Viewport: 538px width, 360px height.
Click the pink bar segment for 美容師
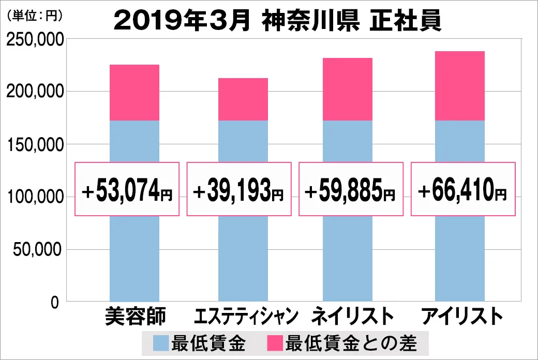[x=134, y=93]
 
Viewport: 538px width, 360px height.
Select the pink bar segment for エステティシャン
[x=243, y=99]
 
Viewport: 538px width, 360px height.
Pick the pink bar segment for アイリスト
[x=460, y=86]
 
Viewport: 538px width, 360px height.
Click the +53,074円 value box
[x=127, y=189]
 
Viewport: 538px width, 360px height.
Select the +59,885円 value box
[x=350, y=189]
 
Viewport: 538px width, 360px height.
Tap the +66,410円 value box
[x=462, y=189]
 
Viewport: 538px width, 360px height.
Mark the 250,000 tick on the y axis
[x=35, y=39]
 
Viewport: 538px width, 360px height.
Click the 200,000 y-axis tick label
[x=35, y=92]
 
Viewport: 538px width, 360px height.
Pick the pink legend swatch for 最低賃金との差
[x=274, y=343]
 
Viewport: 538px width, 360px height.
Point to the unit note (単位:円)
[x=35, y=16]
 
